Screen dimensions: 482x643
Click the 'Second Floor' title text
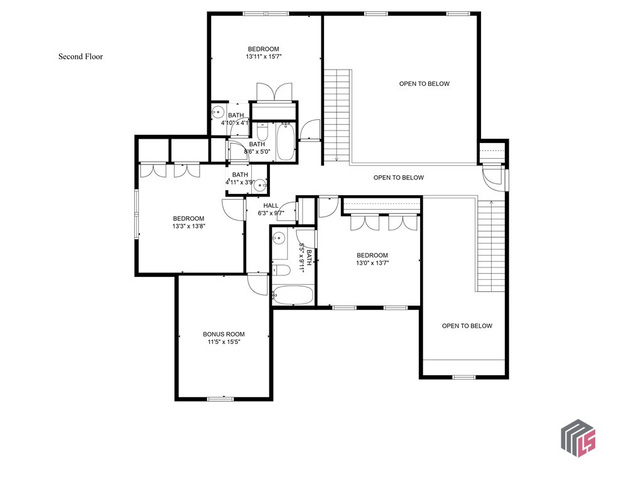click(x=80, y=56)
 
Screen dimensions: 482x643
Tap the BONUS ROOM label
click(x=224, y=334)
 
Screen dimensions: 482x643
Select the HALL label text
click(x=271, y=205)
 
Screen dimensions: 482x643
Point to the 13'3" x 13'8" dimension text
click(x=189, y=226)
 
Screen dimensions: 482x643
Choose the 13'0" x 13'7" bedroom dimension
click(x=372, y=263)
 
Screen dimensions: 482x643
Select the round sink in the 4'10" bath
click(x=217, y=113)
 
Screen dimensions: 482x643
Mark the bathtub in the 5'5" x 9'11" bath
click(x=293, y=295)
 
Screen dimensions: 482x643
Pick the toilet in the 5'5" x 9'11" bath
click(x=281, y=270)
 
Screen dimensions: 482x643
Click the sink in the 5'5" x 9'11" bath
click(x=280, y=238)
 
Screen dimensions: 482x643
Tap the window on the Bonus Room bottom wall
click(x=220, y=398)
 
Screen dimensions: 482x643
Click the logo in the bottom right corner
click(x=578, y=438)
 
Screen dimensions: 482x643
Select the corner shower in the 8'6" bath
click(x=235, y=151)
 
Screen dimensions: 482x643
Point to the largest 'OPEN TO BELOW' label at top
click(x=424, y=83)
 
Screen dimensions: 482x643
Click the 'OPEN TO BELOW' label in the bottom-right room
click(x=467, y=326)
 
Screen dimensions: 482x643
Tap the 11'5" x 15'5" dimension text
click(x=224, y=342)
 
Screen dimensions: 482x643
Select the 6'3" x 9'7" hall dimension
click(x=271, y=213)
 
